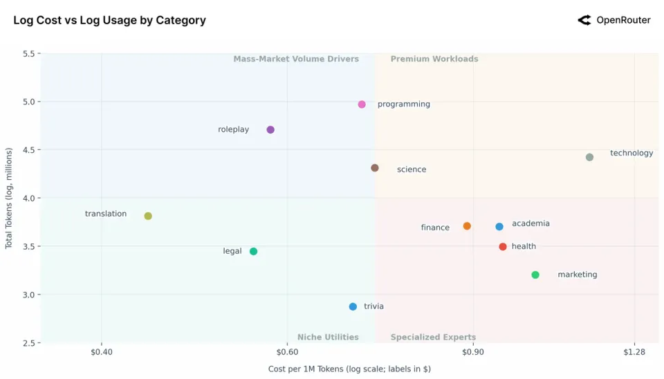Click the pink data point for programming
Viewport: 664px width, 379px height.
point(362,104)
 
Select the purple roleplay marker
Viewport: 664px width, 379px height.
point(270,130)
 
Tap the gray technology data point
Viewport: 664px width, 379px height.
point(589,158)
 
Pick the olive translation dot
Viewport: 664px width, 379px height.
point(148,216)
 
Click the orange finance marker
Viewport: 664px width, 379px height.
point(467,226)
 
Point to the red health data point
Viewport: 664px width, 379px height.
point(503,247)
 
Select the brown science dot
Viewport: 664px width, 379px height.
point(375,168)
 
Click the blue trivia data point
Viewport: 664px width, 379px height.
point(353,307)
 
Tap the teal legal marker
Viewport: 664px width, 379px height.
point(253,252)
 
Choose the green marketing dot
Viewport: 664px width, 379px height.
point(535,275)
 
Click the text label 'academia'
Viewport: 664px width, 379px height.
point(531,223)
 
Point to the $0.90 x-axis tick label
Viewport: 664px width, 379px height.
point(473,353)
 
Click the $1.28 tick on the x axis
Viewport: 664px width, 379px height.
point(634,353)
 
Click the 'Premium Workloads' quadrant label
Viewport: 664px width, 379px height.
point(434,59)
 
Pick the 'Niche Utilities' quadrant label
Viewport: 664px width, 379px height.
point(328,338)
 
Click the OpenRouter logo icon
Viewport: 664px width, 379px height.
point(584,20)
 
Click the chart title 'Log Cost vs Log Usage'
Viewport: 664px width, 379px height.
point(109,20)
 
